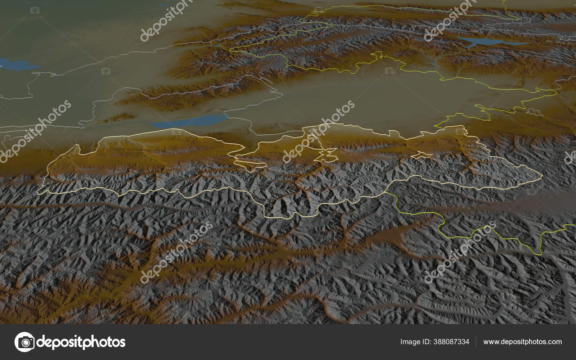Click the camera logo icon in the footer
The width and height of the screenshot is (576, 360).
click(24, 342)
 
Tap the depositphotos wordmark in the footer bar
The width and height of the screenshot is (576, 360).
click(81, 342)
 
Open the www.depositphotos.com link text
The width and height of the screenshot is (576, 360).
click(522, 342)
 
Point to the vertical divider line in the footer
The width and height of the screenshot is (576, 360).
click(476, 342)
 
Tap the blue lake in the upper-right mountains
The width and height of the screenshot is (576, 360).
click(482, 41)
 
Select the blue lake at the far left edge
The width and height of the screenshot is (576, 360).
click(14, 65)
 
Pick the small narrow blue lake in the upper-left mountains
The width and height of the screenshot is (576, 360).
click(218, 46)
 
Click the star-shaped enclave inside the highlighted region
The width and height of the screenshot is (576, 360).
click(325, 155)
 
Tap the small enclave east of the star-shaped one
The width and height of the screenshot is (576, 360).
click(421, 156)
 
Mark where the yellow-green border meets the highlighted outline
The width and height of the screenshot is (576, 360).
click(387, 192)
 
